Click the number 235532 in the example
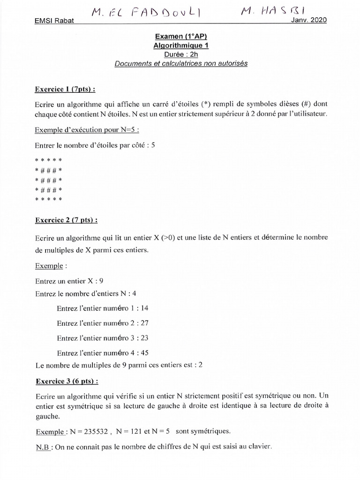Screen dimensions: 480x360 point(99,431)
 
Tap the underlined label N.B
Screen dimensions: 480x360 point(43,447)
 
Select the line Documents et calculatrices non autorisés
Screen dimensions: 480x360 point(181,63)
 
